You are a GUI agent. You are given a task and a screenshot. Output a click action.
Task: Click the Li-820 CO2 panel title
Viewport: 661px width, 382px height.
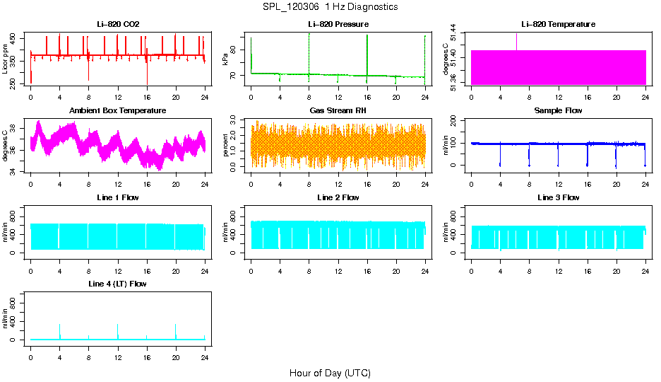coord(118,25)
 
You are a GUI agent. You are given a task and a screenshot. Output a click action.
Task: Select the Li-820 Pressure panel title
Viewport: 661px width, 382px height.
coord(338,25)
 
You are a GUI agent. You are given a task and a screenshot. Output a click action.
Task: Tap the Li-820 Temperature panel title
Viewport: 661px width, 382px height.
coord(558,25)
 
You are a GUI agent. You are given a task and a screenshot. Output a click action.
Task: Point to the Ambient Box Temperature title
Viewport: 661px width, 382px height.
coord(118,111)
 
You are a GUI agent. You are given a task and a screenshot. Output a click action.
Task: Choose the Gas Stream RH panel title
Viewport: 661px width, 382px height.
coord(338,111)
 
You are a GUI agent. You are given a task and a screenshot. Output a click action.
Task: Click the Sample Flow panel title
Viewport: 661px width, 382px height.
coord(558,111)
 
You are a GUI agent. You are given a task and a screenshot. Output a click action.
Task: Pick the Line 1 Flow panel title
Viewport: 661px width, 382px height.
coord(118,197)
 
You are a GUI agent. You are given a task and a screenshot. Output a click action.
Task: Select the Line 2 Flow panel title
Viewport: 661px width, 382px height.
coord(338,197)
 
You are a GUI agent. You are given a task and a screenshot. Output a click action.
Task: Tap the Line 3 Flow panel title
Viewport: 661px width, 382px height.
coord(558,197)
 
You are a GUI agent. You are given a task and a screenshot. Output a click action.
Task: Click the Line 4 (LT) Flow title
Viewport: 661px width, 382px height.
coord(118,284)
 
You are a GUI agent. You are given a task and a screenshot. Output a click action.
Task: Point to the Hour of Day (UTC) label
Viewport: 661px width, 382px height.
coord(330,373)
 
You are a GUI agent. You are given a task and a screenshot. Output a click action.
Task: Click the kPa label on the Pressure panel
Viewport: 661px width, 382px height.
coord(225,59)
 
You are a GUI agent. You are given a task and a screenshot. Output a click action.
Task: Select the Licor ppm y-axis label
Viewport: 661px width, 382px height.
coord(6,59)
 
